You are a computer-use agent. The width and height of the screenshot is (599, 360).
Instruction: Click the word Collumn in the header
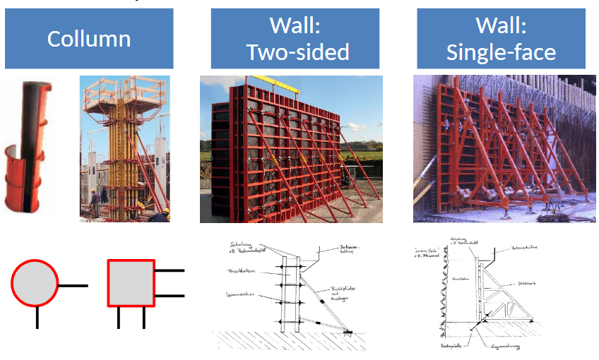(89, 38)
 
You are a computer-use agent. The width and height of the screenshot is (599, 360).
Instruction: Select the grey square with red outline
(131, 282)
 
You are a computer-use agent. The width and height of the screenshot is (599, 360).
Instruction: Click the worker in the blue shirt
(95, 201)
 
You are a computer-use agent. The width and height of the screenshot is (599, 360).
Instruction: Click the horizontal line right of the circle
(73, 285)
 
